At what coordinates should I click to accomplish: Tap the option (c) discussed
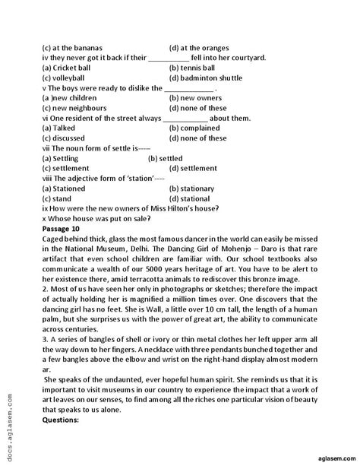point(66,138)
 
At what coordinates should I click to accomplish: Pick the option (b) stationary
point(197,188)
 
